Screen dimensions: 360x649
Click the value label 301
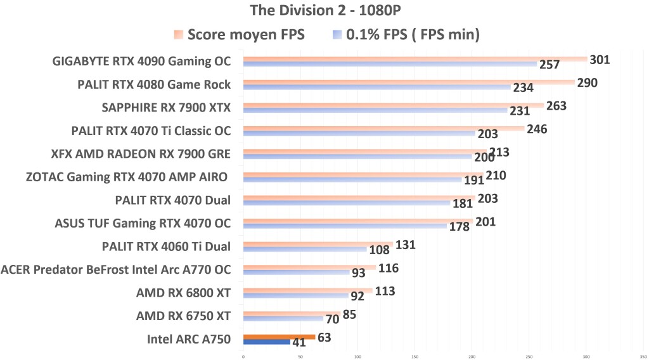point(600,60)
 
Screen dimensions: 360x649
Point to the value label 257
point(548,66)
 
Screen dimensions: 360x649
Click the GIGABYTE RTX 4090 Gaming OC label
point(141,61)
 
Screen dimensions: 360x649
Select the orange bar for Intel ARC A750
point(279,337)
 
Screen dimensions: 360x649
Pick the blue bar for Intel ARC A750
point(266,342)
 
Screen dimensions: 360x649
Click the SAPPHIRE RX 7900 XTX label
point(166,108)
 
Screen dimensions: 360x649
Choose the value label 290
point(587,83)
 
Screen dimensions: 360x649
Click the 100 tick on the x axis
point(357,356)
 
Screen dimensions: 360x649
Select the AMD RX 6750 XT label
point(183,316)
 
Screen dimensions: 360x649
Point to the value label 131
point(405,245)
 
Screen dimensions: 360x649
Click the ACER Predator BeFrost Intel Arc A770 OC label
point(116,269)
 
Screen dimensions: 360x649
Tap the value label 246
point(536,129)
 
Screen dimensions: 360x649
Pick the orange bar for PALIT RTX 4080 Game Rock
point(408,82)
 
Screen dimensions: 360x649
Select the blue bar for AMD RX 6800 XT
point(295,295)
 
